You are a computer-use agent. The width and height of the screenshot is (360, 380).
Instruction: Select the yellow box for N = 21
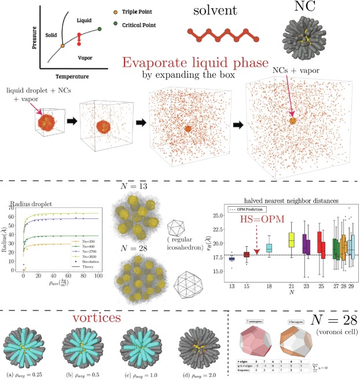pos(291,239)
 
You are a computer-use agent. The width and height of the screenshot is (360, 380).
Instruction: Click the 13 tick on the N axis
pos(233,287)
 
